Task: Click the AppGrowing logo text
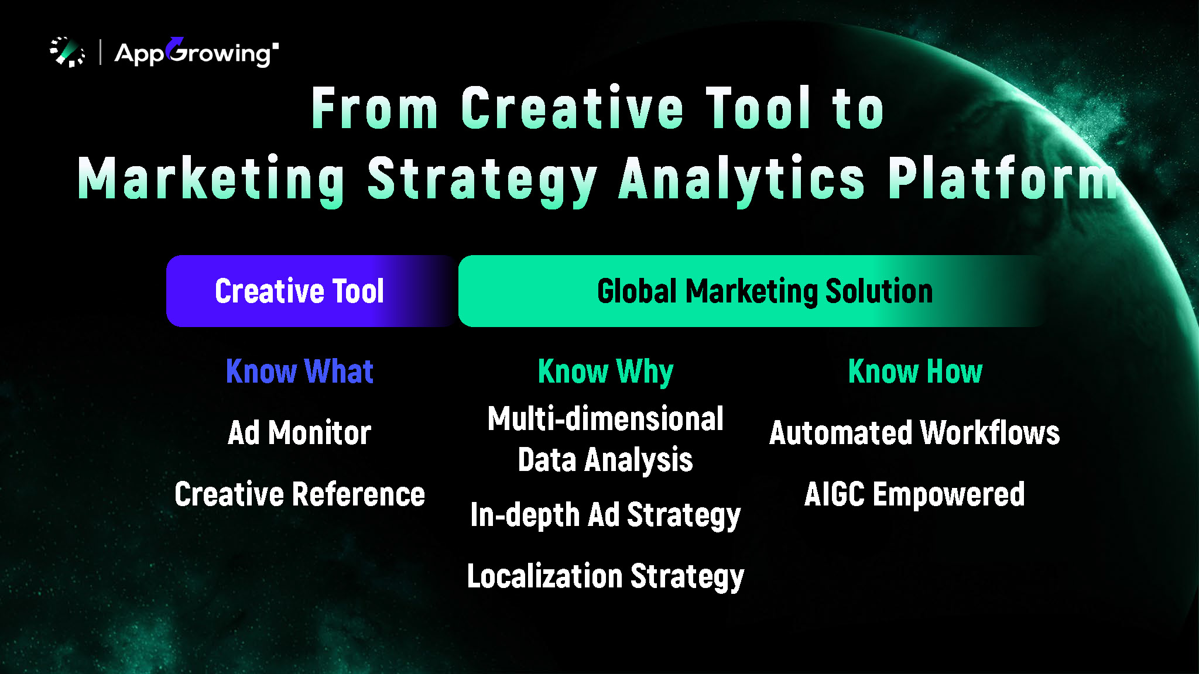pos(197,53)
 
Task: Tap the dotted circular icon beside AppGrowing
pos(67,52)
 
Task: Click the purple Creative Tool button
pos(311,291)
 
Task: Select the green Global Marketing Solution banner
pos(755,291)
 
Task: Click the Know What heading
pos(300,372)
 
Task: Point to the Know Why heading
pos(606,372)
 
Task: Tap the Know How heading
pos(916,372)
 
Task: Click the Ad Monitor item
pos(300,433)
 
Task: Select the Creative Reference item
pos(300,494)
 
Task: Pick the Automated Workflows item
pos(914,433)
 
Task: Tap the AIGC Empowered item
pos(914,494)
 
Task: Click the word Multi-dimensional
pos(606,419)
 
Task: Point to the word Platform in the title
pos(1003,178)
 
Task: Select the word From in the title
pos(375,108)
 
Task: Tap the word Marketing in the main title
pos(211,180)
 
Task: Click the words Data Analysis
pos(606,460)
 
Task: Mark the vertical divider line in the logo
pos(101,52)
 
